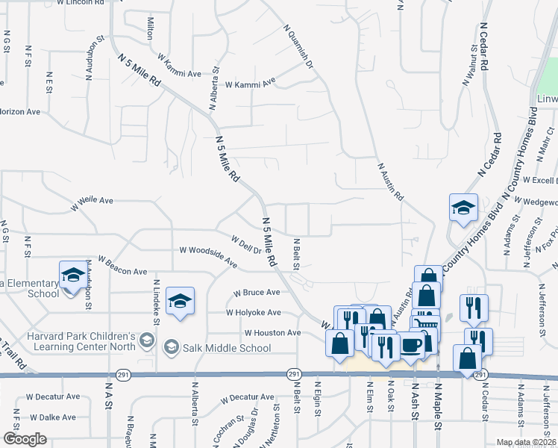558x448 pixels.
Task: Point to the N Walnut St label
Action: tap(470, 66)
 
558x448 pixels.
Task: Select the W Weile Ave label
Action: tap(92, 201)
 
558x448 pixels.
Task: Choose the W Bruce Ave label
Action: tap(257, 293)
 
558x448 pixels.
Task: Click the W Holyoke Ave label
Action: tap(254, 312)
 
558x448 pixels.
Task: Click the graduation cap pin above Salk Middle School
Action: tap(180, 301)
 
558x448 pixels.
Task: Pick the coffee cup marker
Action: tap(412, 344)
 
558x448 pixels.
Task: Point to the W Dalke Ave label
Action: tap(51, 417)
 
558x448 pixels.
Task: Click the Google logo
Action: tap(25, 439)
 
